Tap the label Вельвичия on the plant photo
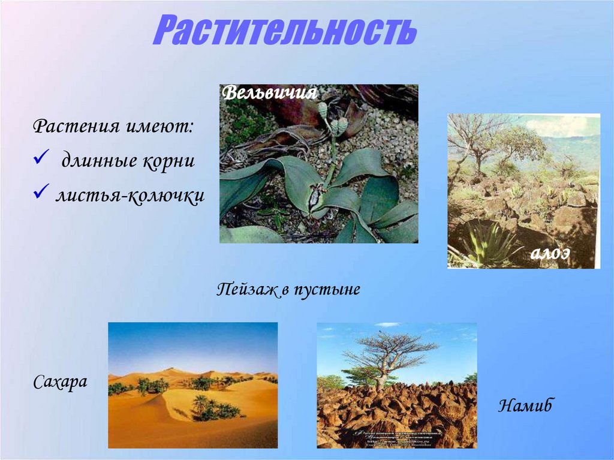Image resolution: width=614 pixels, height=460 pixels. pyautogui.click(x=269, y=94)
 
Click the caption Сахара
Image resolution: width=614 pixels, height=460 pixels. pyautogui.click(x=60, y=382)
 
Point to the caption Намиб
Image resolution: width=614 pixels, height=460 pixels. pyautogui.click(x=525, y=406)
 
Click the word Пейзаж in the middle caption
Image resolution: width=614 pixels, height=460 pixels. pyautogui.click(x=246, y=290)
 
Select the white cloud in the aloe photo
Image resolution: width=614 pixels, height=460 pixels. pyautogui.click(x=558, y=125)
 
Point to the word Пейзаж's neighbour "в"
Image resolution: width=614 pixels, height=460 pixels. pyautogui.click(x=285, y=291)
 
